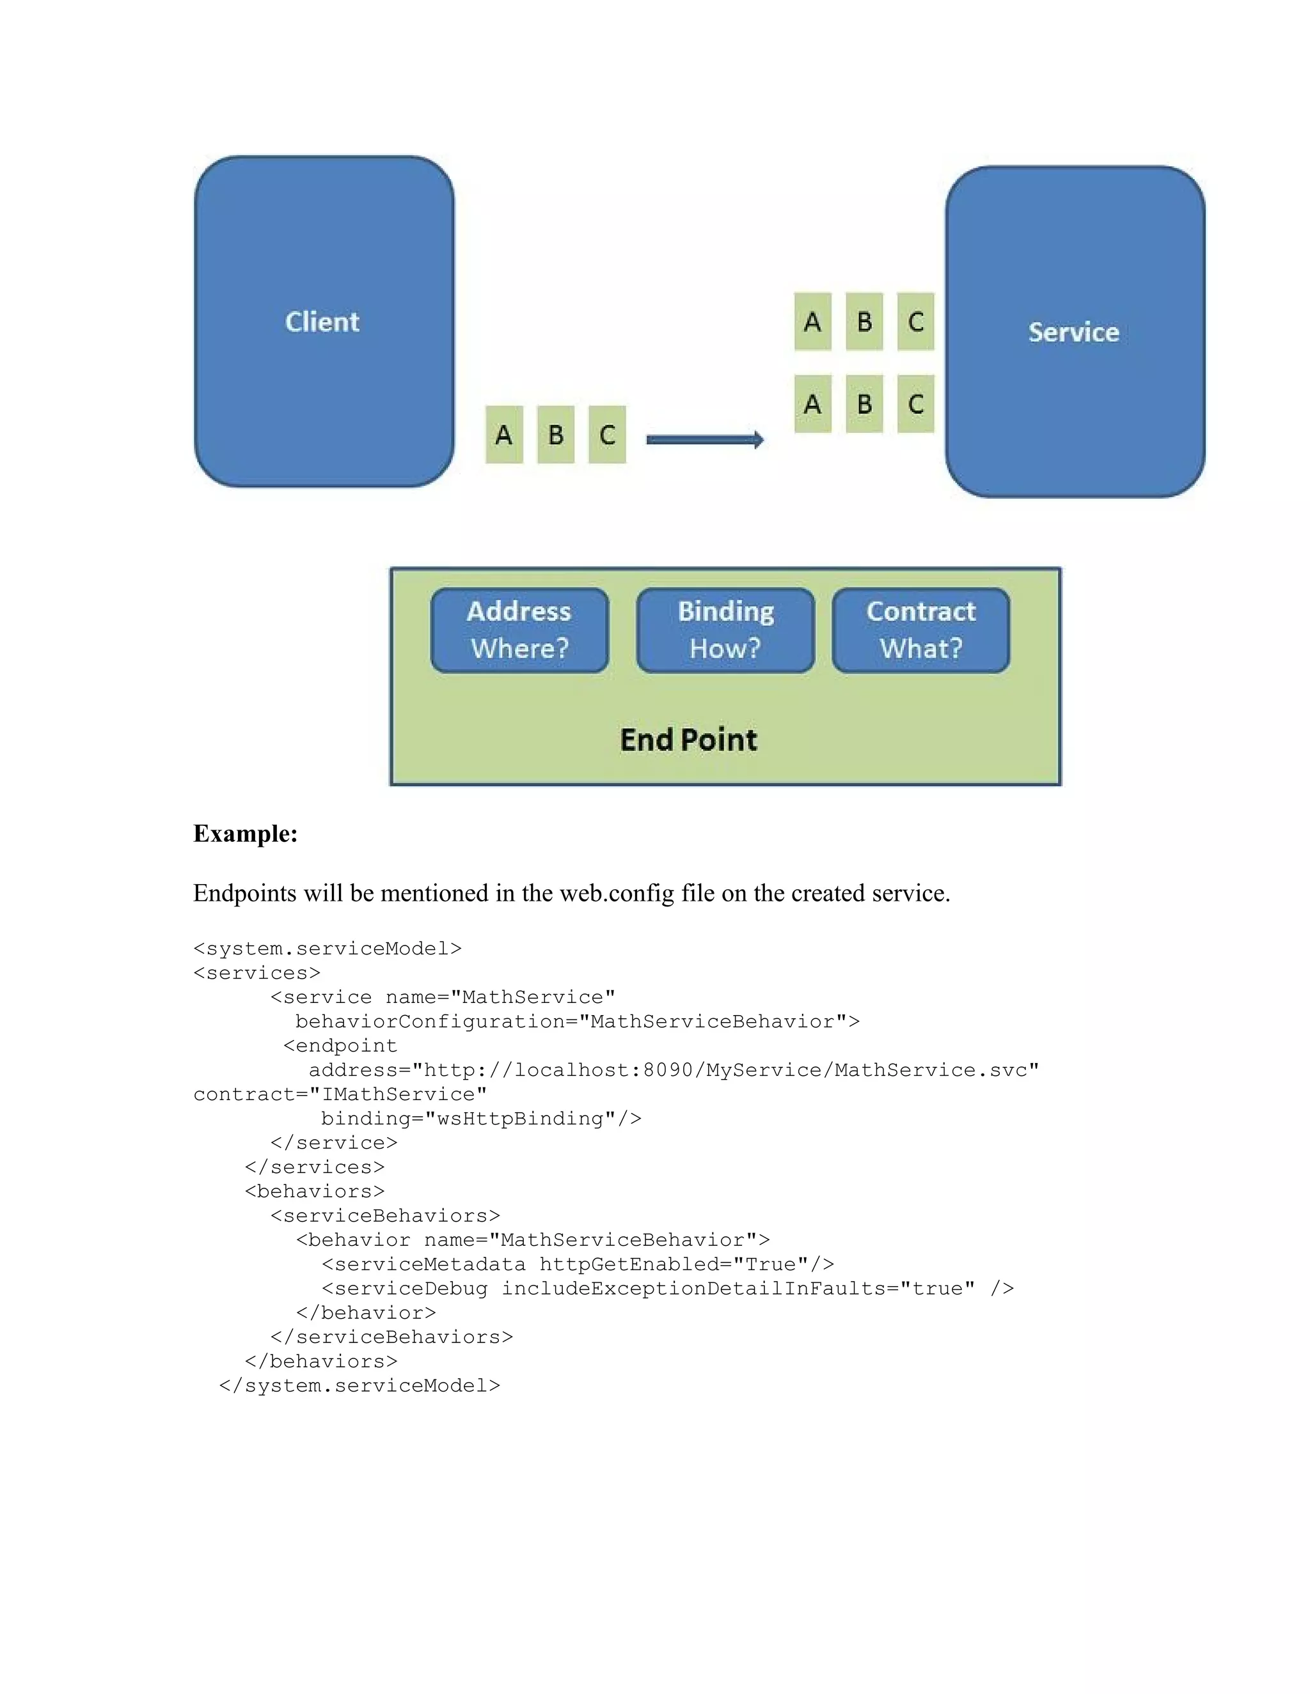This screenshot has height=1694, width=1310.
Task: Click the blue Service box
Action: coord(1074,332)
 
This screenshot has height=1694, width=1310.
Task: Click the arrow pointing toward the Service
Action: coord(705,440)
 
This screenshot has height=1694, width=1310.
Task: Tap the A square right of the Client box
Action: coord(503,434)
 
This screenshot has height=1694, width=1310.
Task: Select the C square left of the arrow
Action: coord(607,434)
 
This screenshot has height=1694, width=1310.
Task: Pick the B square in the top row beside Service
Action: coord(864,321)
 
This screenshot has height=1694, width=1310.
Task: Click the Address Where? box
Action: coord(519,630)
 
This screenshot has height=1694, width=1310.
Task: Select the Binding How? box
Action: coord(725,630)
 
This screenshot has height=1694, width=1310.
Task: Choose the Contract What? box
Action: coord(920,630)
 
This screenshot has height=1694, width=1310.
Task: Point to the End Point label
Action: coord(688,739)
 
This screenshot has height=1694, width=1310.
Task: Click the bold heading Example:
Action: coord(245,834)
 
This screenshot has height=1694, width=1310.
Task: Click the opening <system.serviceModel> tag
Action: coord(327,949)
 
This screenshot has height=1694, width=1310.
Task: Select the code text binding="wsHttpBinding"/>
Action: coord(481,1119)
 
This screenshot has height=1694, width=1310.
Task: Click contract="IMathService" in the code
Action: coord(340,1094)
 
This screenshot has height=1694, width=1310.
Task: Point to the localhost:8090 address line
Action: coord(674,1070)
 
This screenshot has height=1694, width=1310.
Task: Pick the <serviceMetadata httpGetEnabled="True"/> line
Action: coord(578,1264)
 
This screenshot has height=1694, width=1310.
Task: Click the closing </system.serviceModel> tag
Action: coord(359,1386)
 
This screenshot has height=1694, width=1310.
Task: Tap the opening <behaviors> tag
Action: coord(314,1192)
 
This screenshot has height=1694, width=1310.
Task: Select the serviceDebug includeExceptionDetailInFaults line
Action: coord(667,1288)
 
